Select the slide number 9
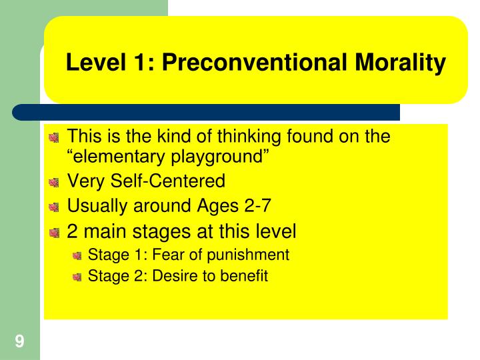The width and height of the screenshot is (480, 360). pyautogui.click(x=20, y=341)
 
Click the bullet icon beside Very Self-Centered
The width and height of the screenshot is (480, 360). pyautogui.click(x=54, y=182)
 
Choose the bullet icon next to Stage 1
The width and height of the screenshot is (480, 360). pyautogui.click(x=78, y=255)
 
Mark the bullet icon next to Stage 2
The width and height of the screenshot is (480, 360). pyautogui.click(x=78, y=276)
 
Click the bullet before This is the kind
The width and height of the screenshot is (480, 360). pyautogui.click(x=54, y=138)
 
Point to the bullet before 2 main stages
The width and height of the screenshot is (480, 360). pyautogui.click(x=54, y=233)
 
